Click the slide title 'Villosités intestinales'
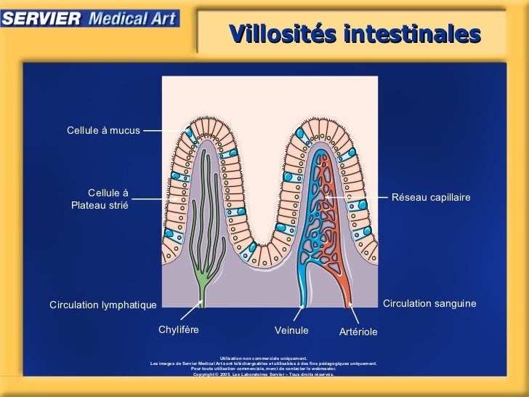(355, 33)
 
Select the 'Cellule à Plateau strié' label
(100, 199)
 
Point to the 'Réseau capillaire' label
(431, 198)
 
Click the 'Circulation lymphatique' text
(102, 305)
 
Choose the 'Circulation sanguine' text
(429, 303)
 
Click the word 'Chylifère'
(179, 330)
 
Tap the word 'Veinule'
(291, 331)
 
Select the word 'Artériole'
(358, 332)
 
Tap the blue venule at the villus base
(304, 287)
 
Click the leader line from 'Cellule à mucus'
(163, 131)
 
